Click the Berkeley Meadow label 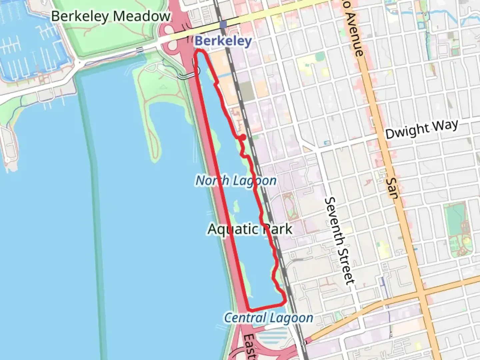tap(111, 16)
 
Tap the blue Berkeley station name tap(223, 41)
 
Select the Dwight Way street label tap(422, 129)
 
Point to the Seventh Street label tap(339, 241)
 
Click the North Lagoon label tap(236, 181)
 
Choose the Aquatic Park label tap(250, 229)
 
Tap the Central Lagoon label tap(268, 318)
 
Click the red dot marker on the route tap(243, 137)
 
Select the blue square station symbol tap(223, 24)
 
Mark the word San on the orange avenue tap(393, 188)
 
